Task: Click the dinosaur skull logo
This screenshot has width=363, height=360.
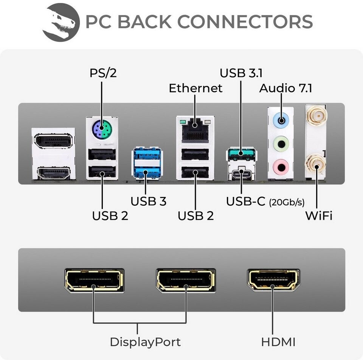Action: (60, 22)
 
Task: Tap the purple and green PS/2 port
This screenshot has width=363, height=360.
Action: (101, 132)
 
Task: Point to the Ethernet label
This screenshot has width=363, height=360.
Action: (195, 88)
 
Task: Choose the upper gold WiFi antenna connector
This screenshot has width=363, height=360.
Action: (316, 113)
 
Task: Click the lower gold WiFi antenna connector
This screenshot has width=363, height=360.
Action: (316, 164)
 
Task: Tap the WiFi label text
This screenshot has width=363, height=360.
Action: (319, 216)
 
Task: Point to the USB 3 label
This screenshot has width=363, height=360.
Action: (148, 201)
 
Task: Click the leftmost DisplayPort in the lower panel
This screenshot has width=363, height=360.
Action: (94, 280)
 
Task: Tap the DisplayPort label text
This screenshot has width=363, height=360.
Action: (145, 342)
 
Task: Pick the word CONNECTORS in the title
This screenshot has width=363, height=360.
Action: (245, 22)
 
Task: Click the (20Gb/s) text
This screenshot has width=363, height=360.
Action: (287, 202)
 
